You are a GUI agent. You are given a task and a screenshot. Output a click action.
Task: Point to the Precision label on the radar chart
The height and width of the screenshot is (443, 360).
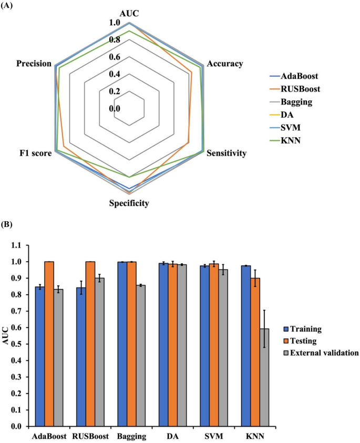coord(34,64)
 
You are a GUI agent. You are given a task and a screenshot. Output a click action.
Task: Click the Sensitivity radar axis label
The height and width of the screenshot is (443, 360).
coord(227,154)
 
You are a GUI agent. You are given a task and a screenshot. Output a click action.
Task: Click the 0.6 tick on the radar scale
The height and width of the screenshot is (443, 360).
coord(115,57)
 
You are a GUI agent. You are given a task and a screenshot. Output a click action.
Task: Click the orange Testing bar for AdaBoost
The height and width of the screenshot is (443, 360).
coord(49,344)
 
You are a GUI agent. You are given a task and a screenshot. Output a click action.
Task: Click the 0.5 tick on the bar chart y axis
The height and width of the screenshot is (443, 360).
coord(18,344)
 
